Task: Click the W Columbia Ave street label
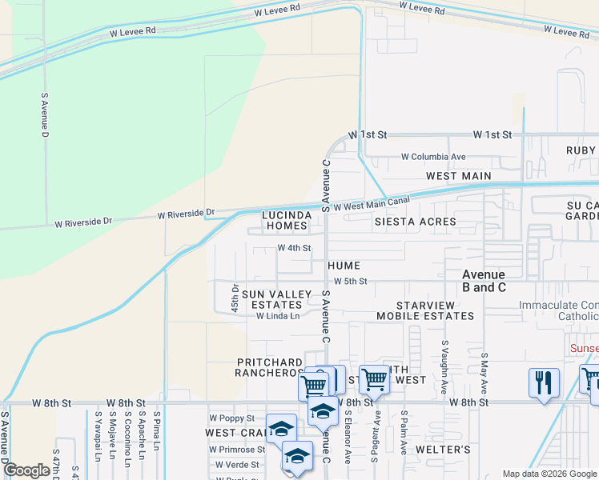point(433,157)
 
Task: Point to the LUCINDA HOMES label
point(287,221)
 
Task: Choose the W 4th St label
point(294,248)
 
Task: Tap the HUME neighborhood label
point(344,266)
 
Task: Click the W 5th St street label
point(350,282)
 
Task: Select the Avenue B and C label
point(484,281)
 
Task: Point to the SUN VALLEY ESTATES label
point(276,300)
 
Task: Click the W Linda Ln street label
point(277,316)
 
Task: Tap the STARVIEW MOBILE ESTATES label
point(436,311)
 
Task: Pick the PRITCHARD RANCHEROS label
point(269,368)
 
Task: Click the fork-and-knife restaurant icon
point(544,381)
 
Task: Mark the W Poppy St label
point(231,418)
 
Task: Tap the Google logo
point(26,470)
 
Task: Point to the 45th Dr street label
point(235,298)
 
